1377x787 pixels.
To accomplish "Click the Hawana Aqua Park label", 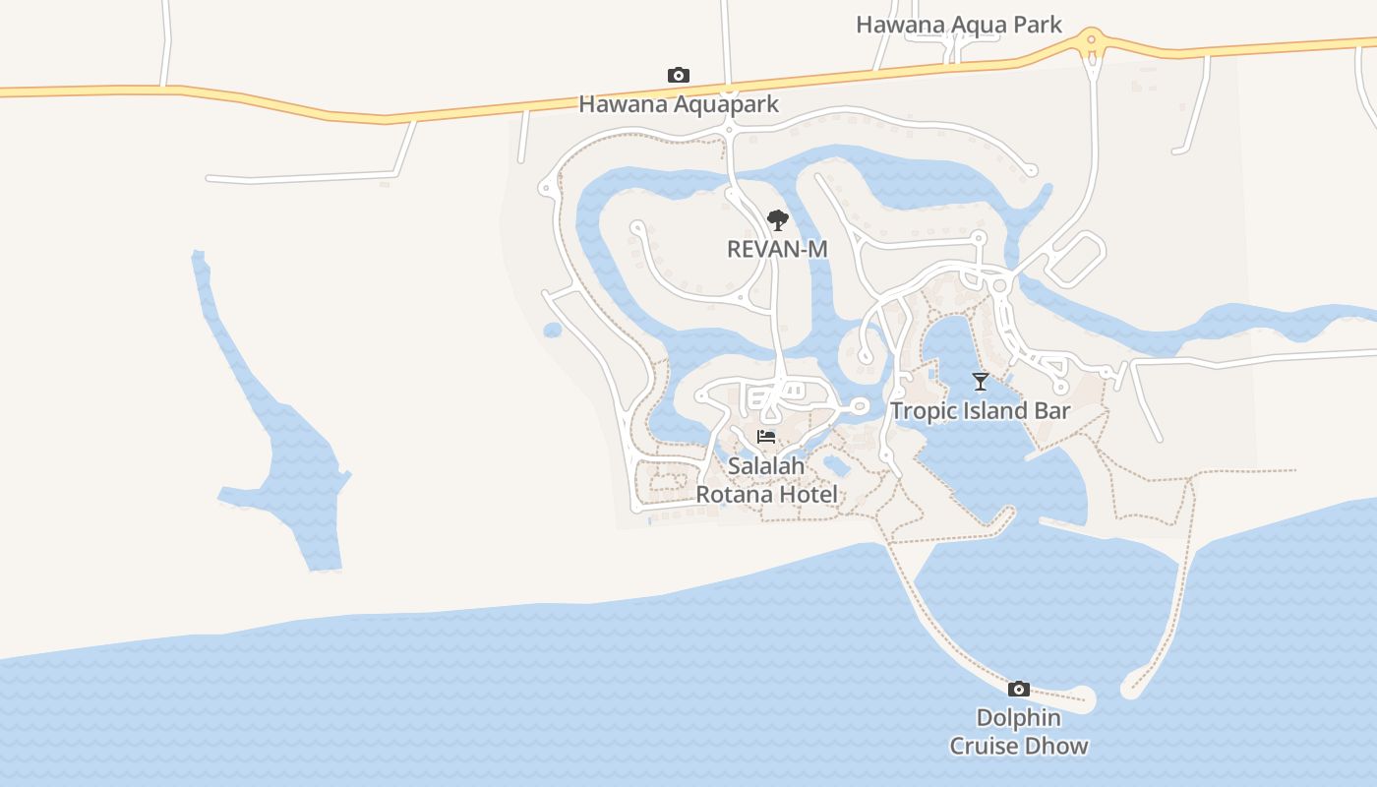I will pos(958,25).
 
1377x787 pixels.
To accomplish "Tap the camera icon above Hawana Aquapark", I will pos(678,76).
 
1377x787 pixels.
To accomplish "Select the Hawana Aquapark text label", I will pos(678,104).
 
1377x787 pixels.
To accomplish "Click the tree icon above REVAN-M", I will pos(777,219).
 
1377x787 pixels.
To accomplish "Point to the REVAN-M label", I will pos(777,250).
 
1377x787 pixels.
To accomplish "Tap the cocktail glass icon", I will pos(980,381).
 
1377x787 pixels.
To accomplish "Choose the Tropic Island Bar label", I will pos(980,411).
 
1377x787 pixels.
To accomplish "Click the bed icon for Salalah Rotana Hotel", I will pos(766,437).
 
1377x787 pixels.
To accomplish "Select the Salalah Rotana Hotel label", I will pos(766,480).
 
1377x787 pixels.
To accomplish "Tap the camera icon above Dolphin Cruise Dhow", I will pos(1019,689).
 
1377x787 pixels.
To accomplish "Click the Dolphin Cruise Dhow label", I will pos(1019,732).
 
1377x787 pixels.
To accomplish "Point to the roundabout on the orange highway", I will pos(1090,40).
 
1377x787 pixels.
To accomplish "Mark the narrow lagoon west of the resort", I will pos(285,443).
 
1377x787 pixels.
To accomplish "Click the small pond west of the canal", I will pos(553,330).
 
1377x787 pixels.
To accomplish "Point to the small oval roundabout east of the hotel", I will pos(859,405).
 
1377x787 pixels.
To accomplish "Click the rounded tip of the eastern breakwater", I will pos(1131,690).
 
